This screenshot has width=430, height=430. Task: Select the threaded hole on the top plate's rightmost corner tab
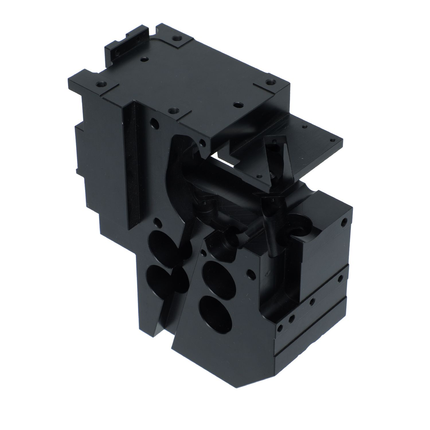(269, 82)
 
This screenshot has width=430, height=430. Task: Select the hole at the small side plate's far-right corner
(332, 141)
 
